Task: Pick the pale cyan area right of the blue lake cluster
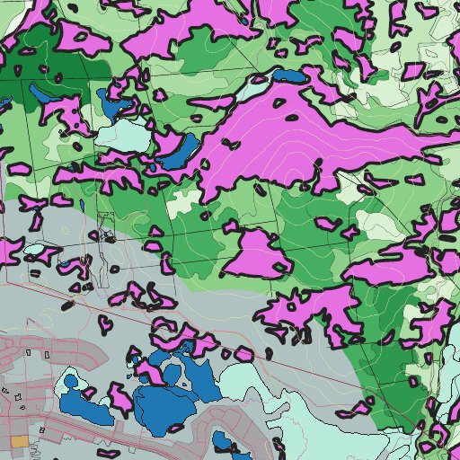point(261,395)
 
